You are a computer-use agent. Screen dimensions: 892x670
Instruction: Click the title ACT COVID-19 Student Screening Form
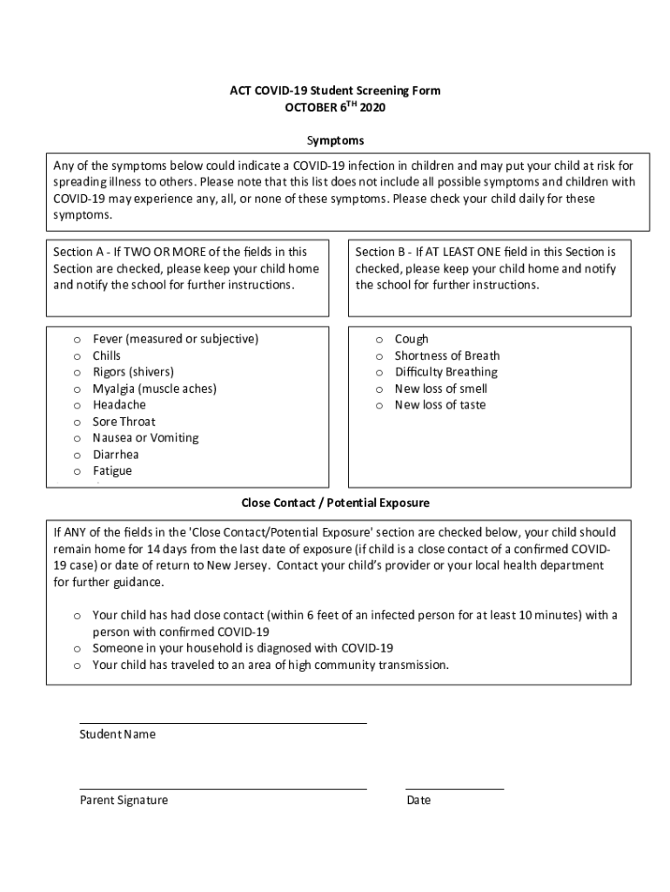point(335,91)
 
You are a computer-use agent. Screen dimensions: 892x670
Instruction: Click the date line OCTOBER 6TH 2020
point(335,108)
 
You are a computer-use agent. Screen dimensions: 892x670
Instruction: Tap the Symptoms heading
point(335,140)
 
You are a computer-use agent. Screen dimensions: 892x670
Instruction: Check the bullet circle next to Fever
point(77,340)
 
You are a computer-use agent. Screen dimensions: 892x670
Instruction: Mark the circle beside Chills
point(77,356)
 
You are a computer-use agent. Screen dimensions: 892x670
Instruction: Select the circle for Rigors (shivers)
point(77,373)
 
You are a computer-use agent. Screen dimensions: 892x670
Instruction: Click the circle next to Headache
point(77,406)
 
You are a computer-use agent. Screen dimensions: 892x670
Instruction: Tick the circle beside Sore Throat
point(77,422)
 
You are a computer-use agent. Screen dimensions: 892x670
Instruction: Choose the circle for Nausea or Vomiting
point(77,439)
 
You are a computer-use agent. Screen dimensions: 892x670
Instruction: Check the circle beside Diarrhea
point(77,456)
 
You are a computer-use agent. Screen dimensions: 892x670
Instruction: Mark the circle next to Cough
point(379,340)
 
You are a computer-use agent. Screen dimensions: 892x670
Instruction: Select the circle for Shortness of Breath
point(379,356)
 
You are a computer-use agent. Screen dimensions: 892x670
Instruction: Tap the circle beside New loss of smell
point(379,389)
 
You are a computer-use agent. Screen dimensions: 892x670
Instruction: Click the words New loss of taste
point(439,405)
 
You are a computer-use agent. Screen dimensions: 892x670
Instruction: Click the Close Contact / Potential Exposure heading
point(335,503)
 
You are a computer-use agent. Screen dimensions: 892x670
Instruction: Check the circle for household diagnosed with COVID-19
point(77,649)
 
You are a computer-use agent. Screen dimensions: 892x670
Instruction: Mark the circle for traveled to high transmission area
point(77,666)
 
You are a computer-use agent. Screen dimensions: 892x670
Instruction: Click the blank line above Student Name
point(223,722)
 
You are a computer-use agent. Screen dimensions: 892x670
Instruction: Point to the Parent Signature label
point(124,801)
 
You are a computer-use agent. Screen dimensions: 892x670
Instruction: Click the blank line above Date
point(454,788)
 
